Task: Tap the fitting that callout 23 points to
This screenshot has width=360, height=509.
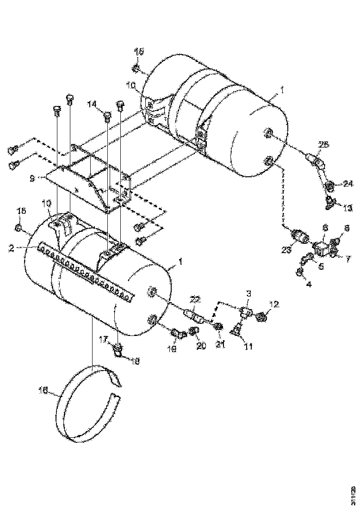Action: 301,238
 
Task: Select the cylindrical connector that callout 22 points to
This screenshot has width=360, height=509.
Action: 196,317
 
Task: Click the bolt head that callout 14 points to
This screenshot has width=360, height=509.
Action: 106,115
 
